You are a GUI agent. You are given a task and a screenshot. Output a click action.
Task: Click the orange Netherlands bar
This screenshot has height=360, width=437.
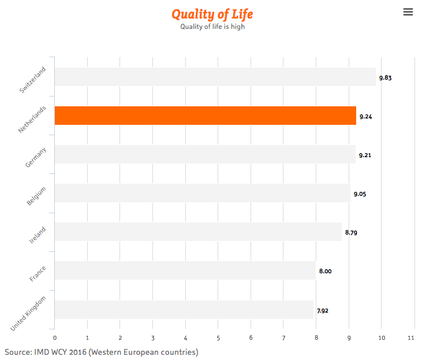[x=205, y=116]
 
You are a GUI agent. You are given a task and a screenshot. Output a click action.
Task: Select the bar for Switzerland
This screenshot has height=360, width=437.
[x=215, y=77]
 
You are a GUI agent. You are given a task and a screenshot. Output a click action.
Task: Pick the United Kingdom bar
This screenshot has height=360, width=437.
[x=184, y=310]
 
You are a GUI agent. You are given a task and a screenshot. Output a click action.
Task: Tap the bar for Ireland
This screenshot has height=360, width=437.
[x=198, y=232]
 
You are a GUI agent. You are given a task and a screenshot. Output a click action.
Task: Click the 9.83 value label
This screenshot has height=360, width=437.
[x=386, y=77]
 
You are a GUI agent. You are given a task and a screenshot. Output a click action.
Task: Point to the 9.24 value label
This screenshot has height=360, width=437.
[x=366, y=117]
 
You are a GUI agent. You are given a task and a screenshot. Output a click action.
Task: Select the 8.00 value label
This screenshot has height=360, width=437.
[x=326, y=271]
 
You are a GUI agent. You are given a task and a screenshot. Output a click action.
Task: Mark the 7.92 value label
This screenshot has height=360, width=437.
[x=323, y=310]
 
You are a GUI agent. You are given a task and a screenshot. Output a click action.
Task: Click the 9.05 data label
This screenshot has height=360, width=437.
[x=360, y=194]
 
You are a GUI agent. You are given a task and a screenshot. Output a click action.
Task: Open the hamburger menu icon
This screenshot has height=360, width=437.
[x=408, y=12]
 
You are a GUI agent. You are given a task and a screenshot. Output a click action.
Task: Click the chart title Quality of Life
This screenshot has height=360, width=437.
[x=212, y=14]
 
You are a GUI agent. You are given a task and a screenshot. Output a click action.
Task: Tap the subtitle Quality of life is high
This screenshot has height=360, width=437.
[x=212, y=27]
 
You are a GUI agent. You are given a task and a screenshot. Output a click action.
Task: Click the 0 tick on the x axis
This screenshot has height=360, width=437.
[x=54, y=337]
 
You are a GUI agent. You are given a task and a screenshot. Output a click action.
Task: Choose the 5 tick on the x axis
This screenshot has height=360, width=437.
[x=218, y=337]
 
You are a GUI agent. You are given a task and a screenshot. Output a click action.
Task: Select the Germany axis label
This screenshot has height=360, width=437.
[x=36, y=157]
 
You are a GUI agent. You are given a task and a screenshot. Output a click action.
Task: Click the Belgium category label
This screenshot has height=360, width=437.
[x=36, y=196]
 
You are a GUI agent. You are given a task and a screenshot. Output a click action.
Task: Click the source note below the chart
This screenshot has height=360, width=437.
[x=101, y=352]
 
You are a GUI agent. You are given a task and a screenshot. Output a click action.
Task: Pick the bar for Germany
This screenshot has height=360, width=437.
[x=205, y=154]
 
